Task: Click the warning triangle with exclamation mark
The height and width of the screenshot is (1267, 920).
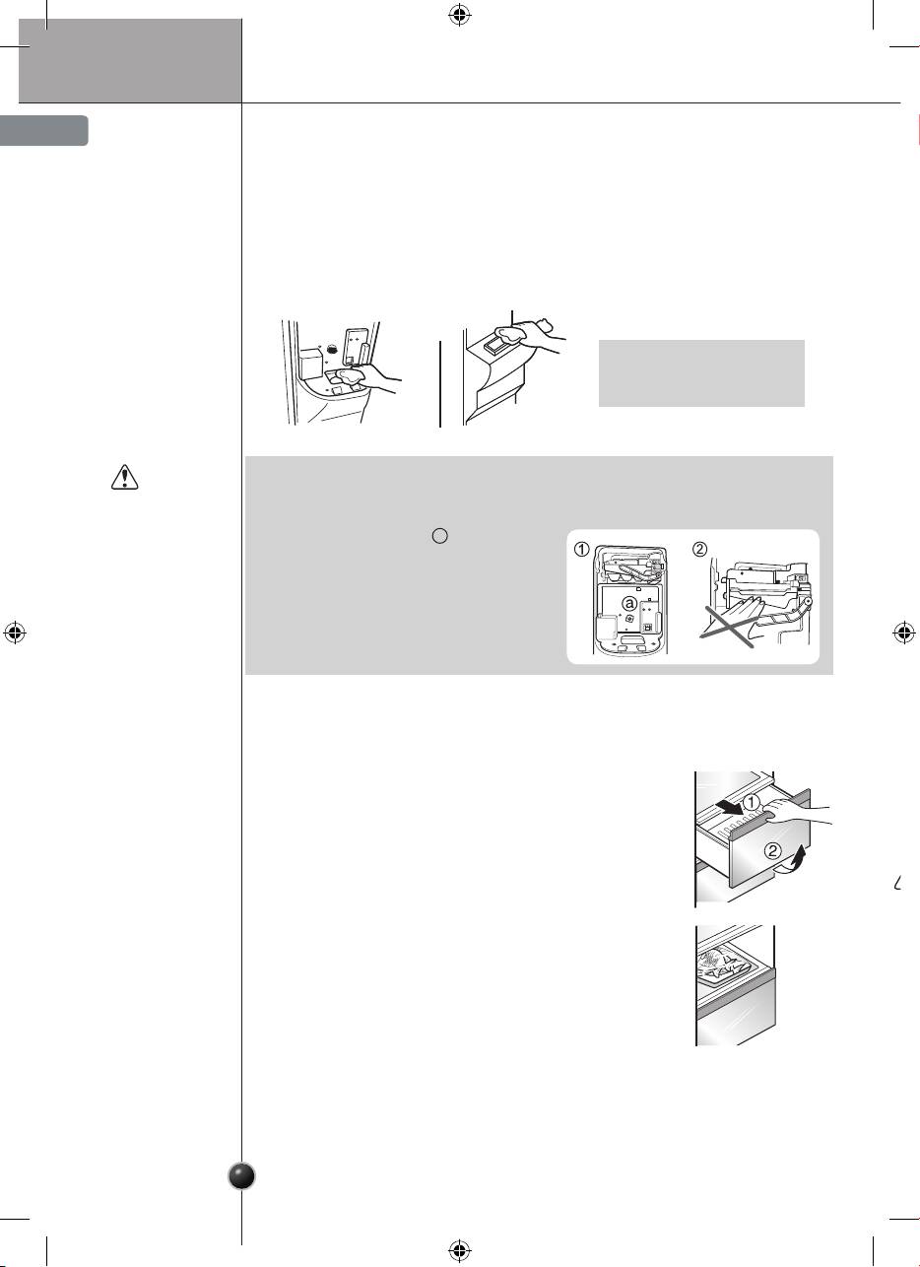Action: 124,477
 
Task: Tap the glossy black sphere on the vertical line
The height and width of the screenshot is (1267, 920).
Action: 241,1176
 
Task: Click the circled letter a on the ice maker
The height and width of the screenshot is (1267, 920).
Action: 629,604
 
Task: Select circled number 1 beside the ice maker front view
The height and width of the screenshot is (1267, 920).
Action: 582,549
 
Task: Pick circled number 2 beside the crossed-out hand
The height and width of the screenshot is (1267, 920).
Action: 700,549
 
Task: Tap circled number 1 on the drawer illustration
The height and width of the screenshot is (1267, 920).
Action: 751,802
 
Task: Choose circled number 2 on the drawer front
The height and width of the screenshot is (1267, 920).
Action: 773,850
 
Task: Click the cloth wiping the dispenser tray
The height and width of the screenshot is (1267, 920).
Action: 348,376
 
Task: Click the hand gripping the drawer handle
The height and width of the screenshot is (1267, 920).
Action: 792,813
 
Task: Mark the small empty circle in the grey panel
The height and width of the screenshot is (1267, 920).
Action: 440,536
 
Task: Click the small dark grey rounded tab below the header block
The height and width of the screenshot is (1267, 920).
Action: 43,131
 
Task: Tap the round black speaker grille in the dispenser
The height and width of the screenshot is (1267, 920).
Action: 333,349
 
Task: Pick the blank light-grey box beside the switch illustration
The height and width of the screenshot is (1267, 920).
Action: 701,373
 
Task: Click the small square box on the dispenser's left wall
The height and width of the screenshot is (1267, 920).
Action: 311,365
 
